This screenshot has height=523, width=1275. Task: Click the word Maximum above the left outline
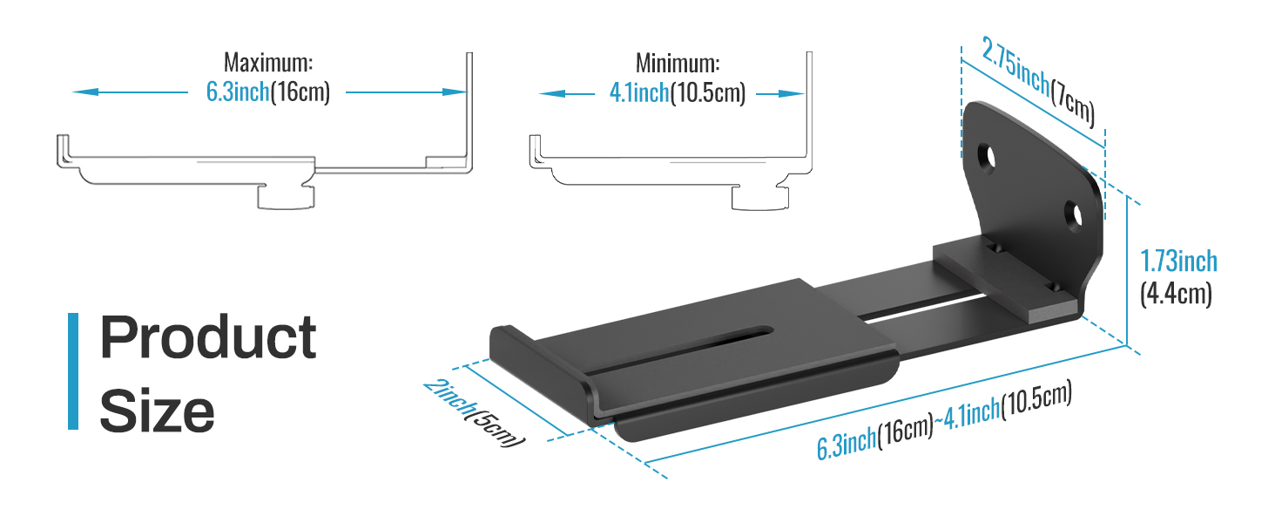click(268, 63)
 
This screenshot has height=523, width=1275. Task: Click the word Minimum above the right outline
click(678, 64)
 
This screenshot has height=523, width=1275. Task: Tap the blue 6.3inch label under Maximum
click(237, 92)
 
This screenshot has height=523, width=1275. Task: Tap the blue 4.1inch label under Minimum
click(638, 92)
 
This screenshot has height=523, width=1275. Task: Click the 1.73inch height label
click(1179, 261)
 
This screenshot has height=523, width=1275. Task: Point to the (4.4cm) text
click(1176, 294)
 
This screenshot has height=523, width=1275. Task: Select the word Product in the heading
click(208, 337)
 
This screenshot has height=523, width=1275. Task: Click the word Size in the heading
click(157, 410)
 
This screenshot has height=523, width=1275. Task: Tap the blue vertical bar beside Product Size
click(73, 371)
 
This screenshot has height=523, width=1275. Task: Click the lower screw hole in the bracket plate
click(1075, 214)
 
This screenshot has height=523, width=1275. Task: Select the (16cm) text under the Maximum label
click(300, 92)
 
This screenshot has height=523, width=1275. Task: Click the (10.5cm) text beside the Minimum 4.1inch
click(707, 92)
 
